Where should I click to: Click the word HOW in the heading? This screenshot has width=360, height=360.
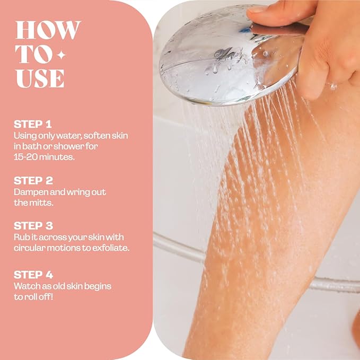coord(48,31)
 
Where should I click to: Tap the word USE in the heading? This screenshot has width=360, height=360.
coord(40,78)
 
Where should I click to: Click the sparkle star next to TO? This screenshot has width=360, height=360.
coord(62,55)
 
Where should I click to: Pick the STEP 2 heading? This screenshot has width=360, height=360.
coord(33,181)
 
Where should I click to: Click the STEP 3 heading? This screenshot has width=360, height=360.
coord(33,226)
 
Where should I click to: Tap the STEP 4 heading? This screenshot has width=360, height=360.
coord(33,275)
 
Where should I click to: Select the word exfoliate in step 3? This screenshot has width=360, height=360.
coord(110,248)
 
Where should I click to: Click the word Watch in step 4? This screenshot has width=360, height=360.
coord(25,286)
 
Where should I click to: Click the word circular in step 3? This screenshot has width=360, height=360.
coord(30,248)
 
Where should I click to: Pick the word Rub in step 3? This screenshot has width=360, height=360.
coord(21,237)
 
